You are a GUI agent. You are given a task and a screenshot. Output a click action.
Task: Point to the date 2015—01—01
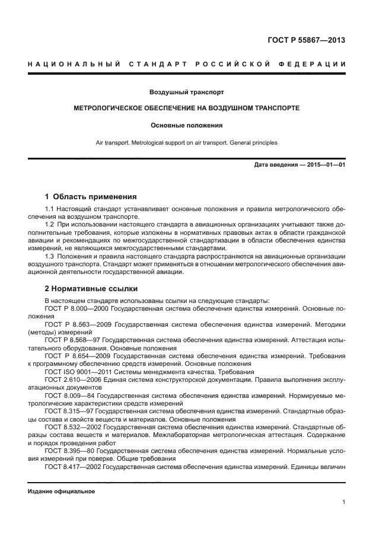[324, 164]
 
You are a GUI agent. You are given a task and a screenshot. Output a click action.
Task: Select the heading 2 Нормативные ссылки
[91, 289]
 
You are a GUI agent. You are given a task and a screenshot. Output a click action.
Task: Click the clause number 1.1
[50, 209]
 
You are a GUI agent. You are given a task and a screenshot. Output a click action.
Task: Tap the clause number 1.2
[50, 225]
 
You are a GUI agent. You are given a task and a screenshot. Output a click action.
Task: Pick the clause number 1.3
[50, 256]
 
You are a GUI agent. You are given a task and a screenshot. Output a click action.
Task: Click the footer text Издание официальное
[61, 491]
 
